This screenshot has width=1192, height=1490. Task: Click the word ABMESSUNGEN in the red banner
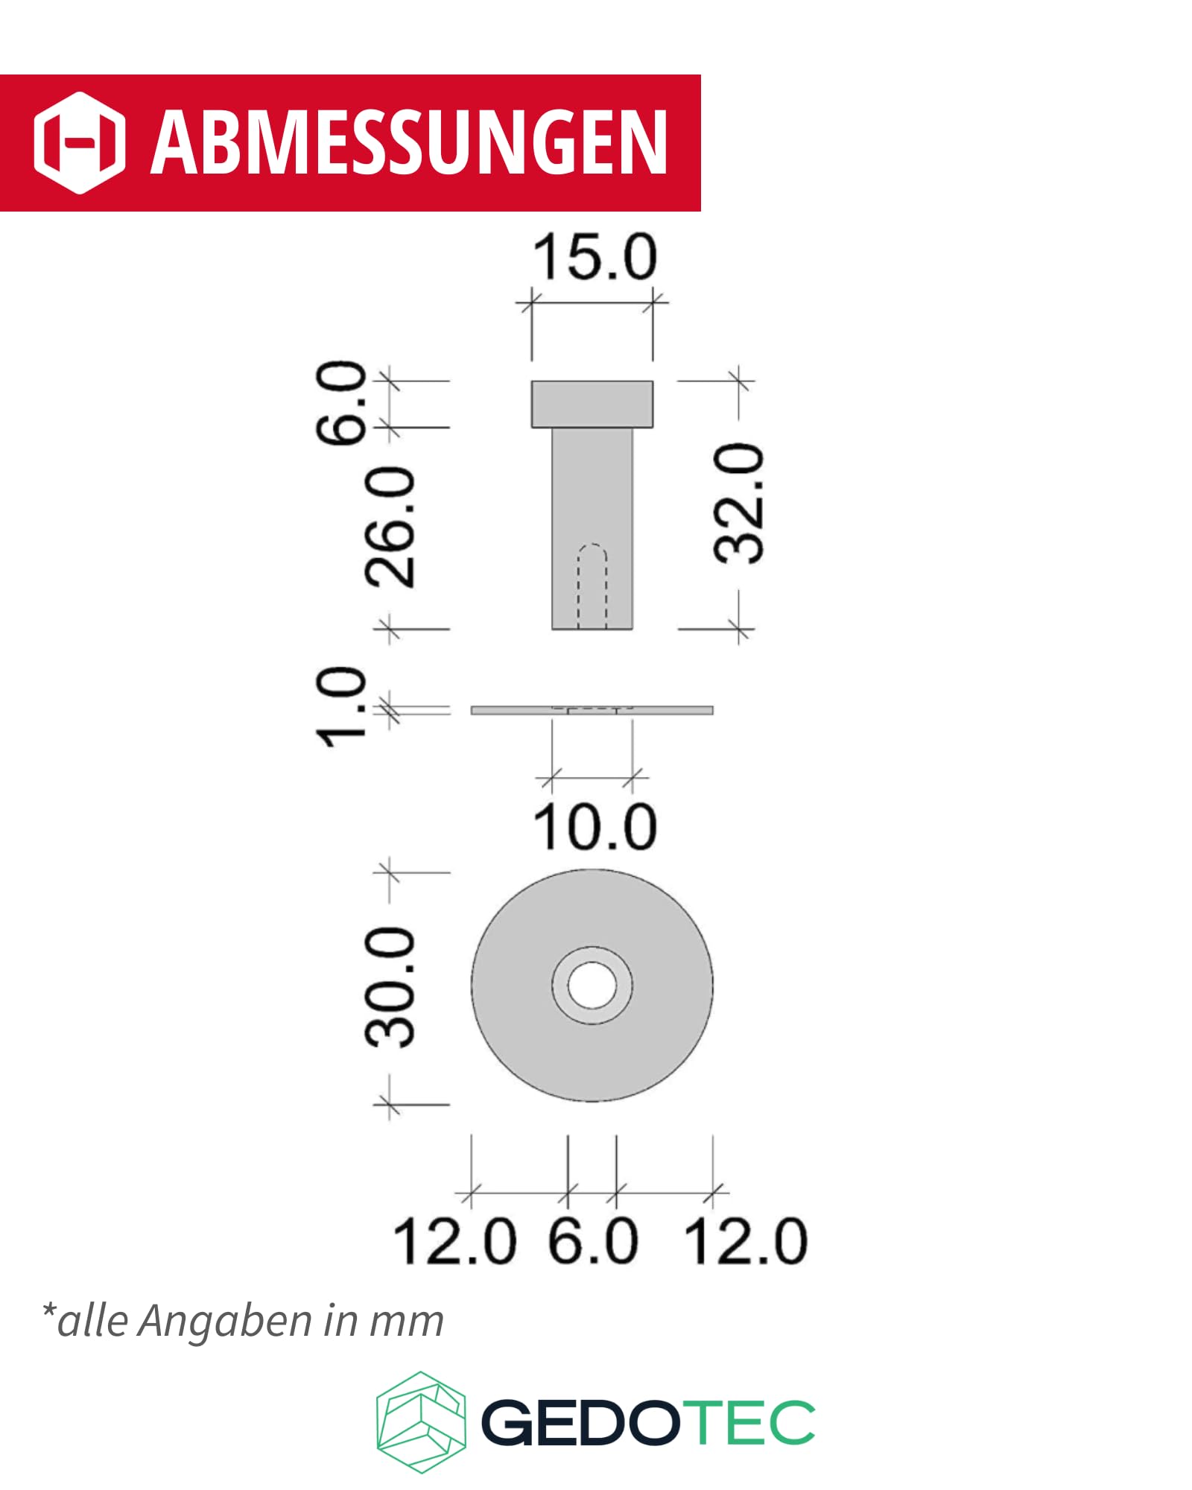coord(409,142)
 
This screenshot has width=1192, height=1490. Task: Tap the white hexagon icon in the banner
coord(79,142)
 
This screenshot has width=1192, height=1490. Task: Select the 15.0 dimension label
coord(595,257)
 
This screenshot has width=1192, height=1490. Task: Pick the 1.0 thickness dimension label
coord(341,707)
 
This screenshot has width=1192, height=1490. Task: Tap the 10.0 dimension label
coord(595,827)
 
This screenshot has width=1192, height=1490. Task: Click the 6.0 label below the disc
coord(593,1241)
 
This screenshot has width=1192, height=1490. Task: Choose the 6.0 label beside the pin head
coord(341,404)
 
